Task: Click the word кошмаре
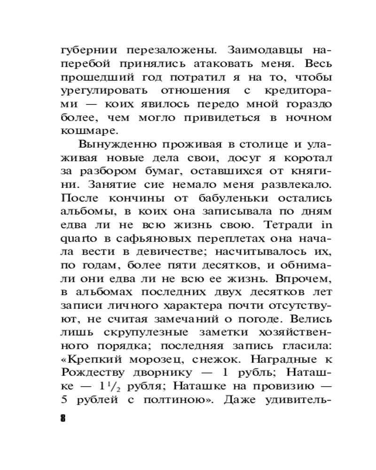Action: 85,131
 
